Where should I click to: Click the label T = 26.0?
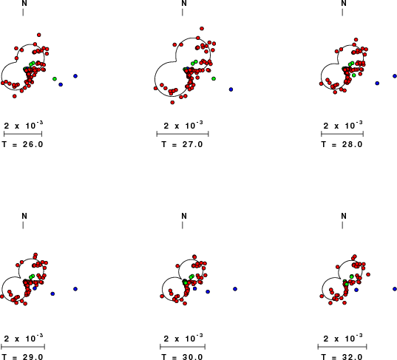click(22, 144)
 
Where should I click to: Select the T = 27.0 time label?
click(183, 144)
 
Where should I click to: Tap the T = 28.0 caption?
click(342, 144)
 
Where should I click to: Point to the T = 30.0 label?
click(183, 357)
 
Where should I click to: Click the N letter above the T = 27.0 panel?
click(184, 3)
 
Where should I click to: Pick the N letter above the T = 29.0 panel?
click(24, 216)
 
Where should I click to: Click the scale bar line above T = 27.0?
click(183, 134)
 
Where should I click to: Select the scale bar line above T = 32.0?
click(342, 347)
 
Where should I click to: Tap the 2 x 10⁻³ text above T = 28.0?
click(343, 125)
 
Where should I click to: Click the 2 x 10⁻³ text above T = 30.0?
click(183, 338)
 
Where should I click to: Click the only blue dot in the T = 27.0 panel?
click(231, 89)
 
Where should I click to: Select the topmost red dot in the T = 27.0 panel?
click(202, 29)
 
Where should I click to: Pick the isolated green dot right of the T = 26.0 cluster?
click(55, 79)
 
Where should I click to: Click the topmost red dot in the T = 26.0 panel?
click(38, 35)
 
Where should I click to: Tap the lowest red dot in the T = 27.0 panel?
click(172, 103)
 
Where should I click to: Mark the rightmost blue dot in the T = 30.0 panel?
click(235, 289)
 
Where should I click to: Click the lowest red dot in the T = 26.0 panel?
click(15, 96)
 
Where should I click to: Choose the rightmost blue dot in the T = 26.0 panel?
click(75, 76)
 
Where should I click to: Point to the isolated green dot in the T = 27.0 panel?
click(214, 79)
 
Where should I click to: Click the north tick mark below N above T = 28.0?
click(342, 12)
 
